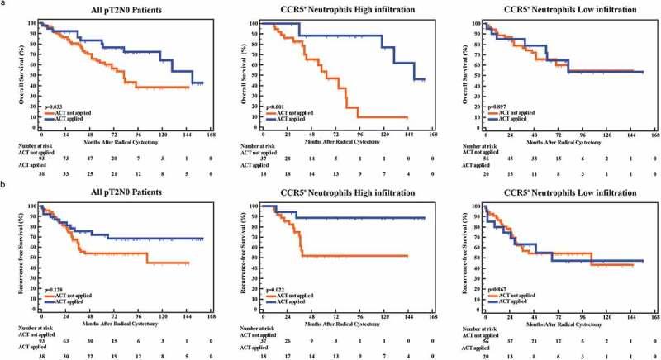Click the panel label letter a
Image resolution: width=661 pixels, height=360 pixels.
tap(4, 4)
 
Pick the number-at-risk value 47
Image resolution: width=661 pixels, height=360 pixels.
tap(90, 157)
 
